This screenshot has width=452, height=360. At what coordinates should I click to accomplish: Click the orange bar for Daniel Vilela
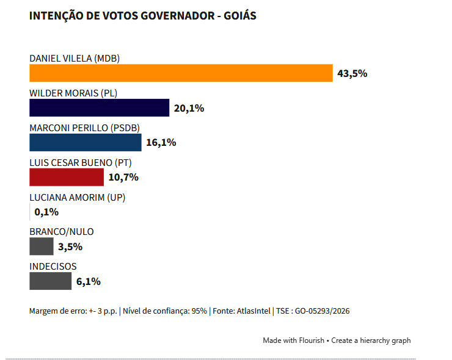[181, 73]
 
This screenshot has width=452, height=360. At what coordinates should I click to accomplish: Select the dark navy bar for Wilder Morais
[99, 108]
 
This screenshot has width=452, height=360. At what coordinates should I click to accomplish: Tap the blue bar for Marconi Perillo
[86, 142]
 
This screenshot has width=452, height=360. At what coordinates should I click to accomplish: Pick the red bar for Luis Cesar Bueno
[67, 177]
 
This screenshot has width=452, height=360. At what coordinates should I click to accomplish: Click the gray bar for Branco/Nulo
[41, 247]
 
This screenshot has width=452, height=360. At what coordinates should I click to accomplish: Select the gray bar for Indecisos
[51, 281]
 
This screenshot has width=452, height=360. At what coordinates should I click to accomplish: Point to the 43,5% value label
[352, 73]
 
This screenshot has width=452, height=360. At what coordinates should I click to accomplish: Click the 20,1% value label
[189, 108]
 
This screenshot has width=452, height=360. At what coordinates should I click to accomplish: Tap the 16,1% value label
[161, 143]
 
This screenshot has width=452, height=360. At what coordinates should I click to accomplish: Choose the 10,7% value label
[123, 178]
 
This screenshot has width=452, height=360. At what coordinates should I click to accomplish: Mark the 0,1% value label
[46, 212]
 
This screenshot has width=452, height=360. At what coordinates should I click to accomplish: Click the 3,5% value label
[70, 247]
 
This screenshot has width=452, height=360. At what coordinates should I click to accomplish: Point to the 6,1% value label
[88, 281]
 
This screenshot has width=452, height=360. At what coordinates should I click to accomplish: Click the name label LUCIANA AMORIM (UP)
[77, 198]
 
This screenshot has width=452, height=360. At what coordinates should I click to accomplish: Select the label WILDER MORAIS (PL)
[73, 93]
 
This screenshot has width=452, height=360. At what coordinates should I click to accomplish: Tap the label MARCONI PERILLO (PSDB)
[84, 128]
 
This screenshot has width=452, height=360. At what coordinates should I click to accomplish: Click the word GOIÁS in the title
[240, 15]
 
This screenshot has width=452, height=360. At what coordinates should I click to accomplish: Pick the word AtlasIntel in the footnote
[253, 311]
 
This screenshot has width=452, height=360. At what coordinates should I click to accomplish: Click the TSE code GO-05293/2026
[323, 311]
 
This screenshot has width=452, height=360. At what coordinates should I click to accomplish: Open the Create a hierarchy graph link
[371, 340]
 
